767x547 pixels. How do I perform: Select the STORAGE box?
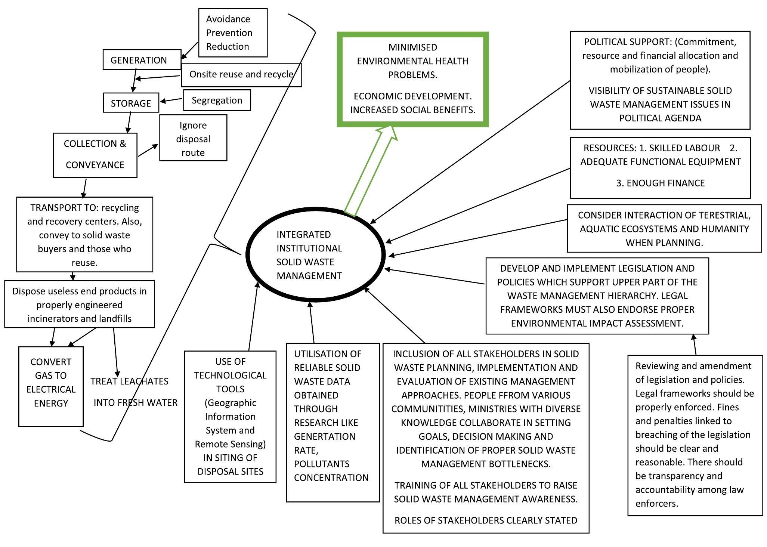tap(131, 103)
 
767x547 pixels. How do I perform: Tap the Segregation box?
tap(217, 100)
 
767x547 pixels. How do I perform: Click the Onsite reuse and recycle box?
tap(241, 75)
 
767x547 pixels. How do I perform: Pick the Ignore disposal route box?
tap(193, 138)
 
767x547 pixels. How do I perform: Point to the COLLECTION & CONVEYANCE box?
tap(95, 155)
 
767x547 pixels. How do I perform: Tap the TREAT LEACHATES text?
tap(129, 381)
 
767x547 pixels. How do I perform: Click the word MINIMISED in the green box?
tap(412, 47)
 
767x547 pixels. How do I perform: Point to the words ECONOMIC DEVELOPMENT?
tap(412, 96)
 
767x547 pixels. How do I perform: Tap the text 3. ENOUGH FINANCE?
tap(660, 183)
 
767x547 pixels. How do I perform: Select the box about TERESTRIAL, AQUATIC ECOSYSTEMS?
tap(664, 228)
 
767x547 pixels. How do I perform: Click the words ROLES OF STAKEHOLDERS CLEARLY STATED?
tap(486, 520)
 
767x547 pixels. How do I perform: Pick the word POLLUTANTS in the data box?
tap(322, 464)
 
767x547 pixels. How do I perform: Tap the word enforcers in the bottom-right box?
tap(656, 503)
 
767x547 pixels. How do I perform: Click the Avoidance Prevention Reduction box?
tap(233, 33)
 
